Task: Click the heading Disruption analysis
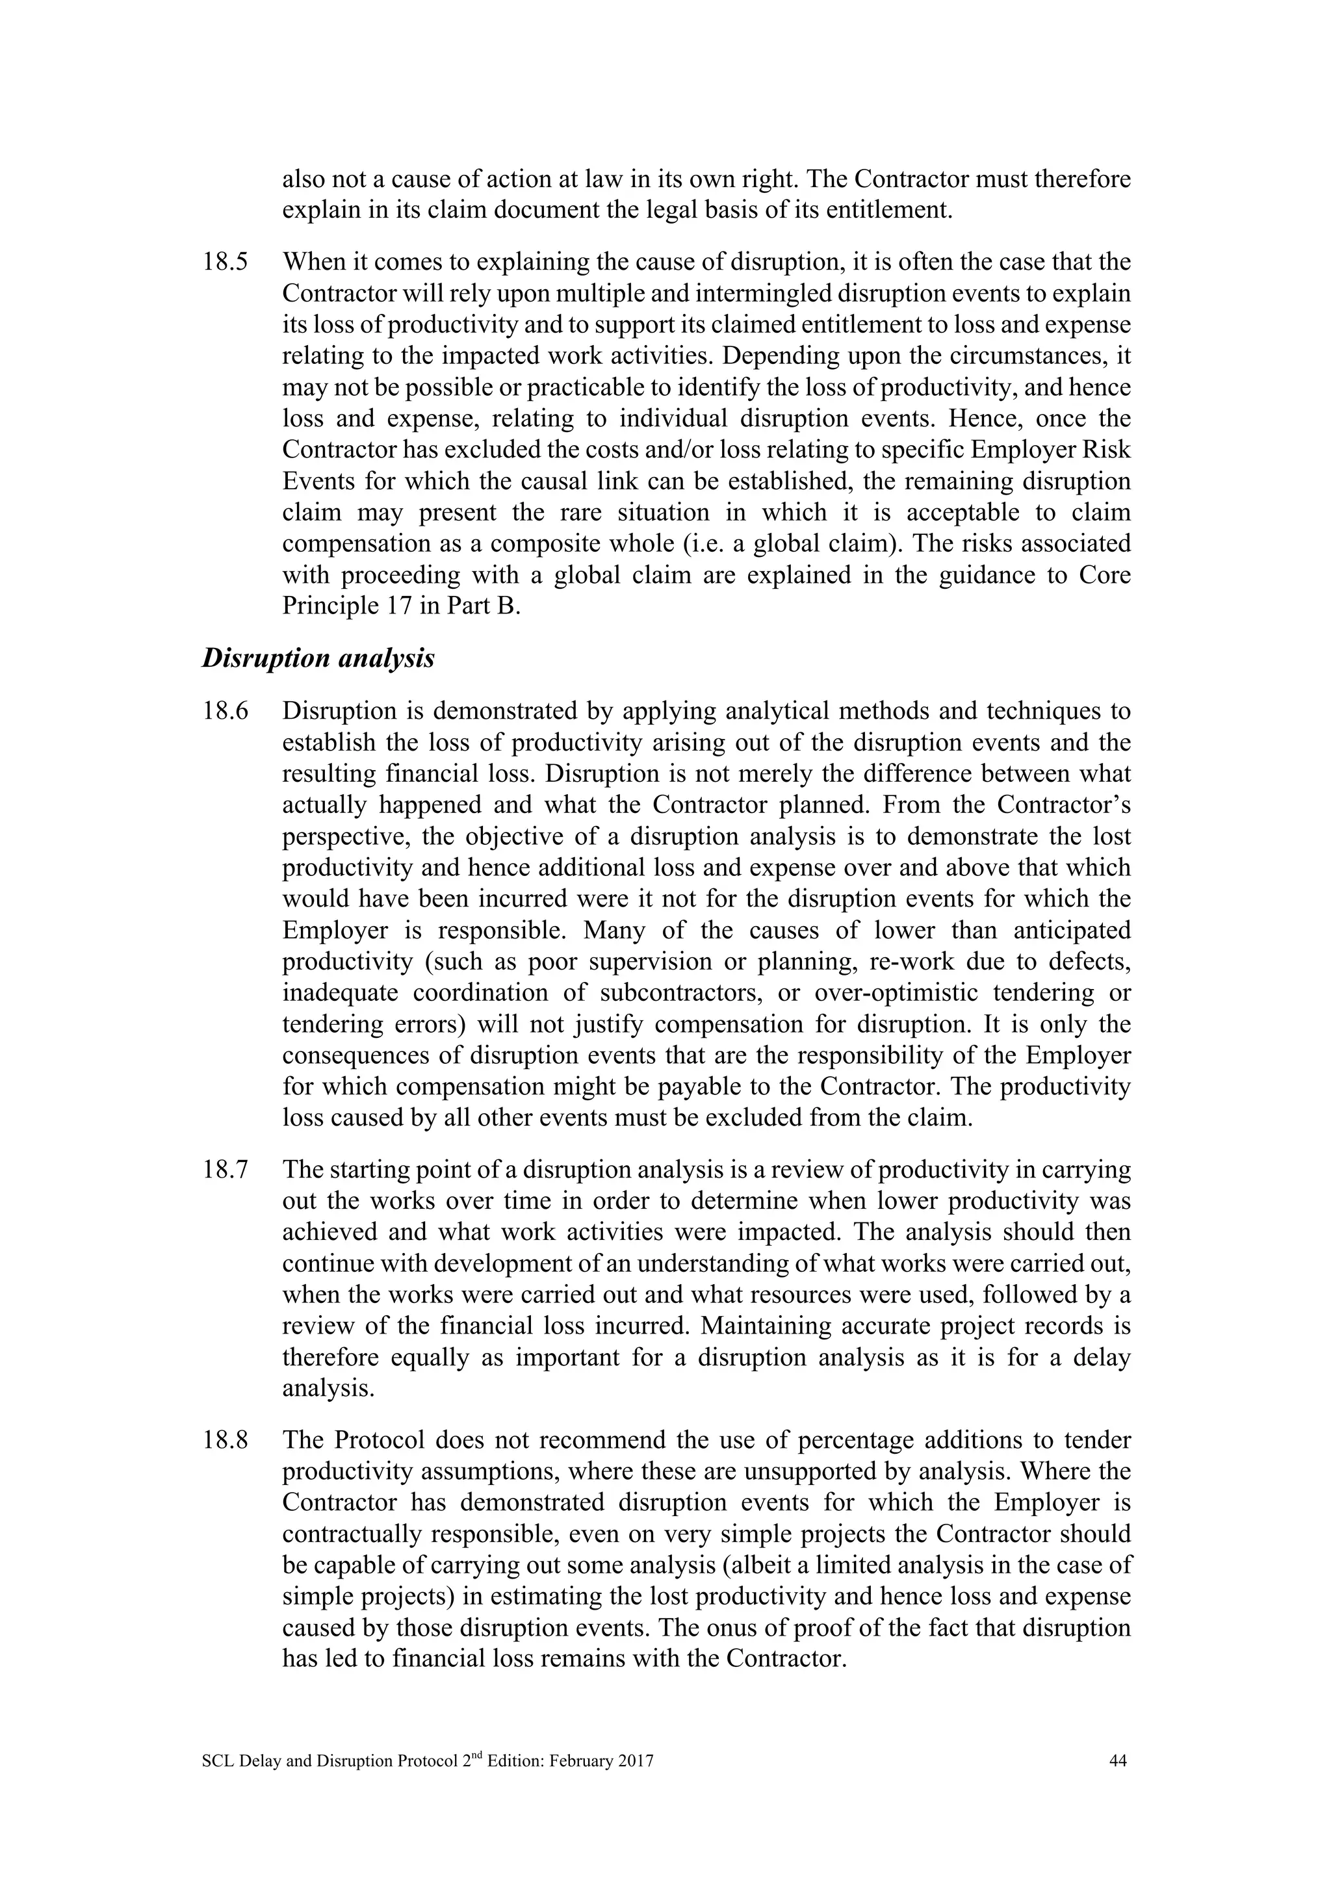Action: click(318, 658)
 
